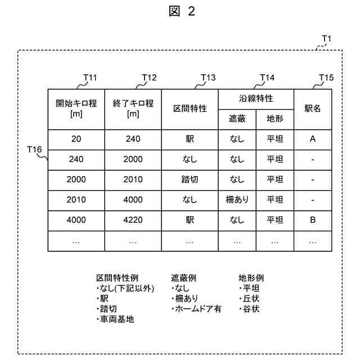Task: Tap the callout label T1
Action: click(x=326, y=39)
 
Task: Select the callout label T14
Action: click(x=267, y=78)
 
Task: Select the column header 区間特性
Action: click(x=190, y=109)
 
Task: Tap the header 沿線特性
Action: click(x=256, y=98)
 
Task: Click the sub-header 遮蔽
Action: click(x=237, y=119)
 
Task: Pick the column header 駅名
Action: click(x=313, y=109)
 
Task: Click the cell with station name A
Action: click(x=313, y=139)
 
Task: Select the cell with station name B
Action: click(x=313, y=220)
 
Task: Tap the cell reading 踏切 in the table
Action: click(x=190, y=179)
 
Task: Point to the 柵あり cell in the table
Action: click(x=237, y=200)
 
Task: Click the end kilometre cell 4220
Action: click(x=133, y=220)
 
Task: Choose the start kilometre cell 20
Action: click(x=76, y=139)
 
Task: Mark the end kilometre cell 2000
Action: click(x=133, y=159)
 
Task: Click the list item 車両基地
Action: click(x=117, y=319)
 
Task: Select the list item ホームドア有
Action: click(x=197, y=309)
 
